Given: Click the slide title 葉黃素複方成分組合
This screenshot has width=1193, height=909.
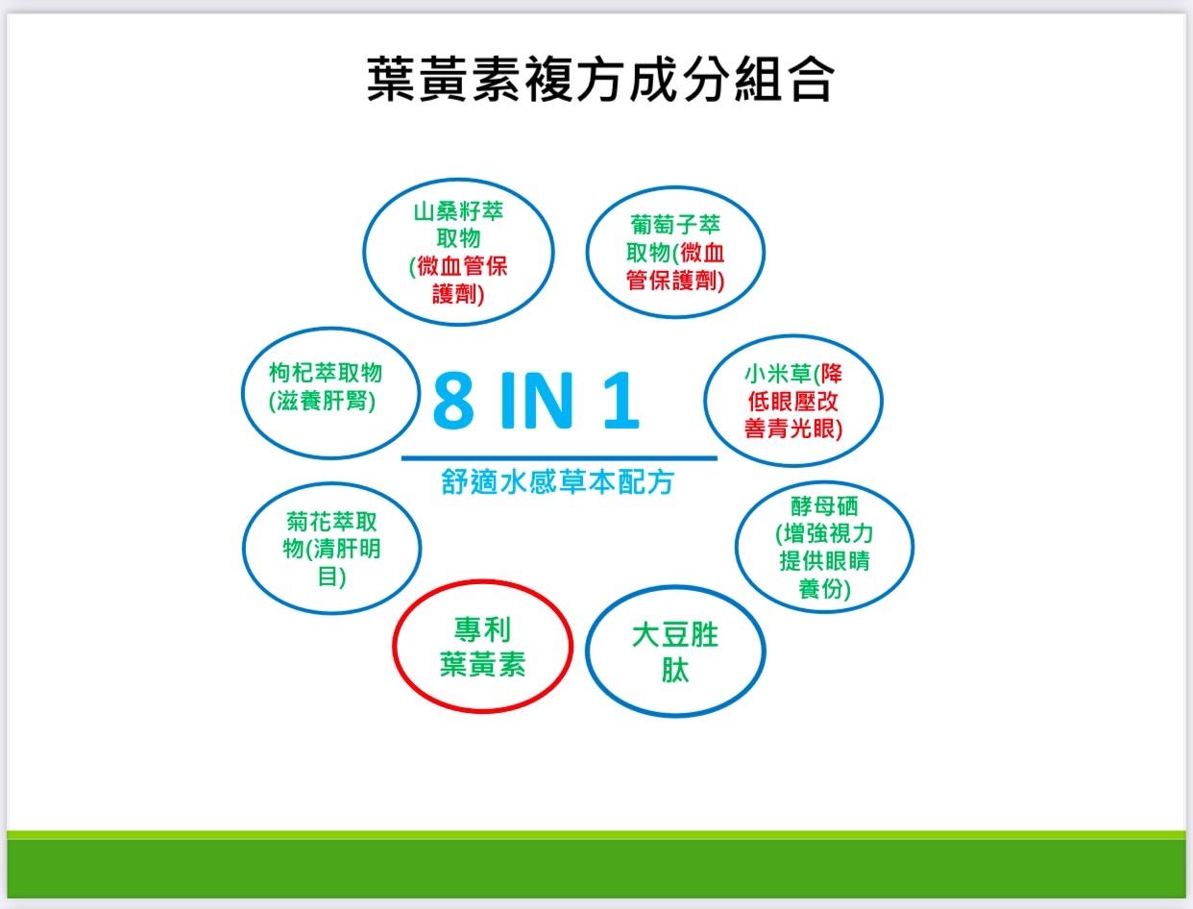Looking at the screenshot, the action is (600, 80).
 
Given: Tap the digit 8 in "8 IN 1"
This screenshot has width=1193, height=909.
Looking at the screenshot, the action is (453, 400).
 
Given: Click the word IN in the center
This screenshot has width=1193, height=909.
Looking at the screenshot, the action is (536, 400).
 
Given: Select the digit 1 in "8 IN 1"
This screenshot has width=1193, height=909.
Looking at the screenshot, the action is (621, 400).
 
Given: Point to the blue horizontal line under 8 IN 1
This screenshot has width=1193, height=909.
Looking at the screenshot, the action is (559, 458).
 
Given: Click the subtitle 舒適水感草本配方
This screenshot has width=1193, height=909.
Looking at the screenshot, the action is (558, 481).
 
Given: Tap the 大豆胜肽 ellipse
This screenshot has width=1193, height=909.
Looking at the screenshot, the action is (586, 651).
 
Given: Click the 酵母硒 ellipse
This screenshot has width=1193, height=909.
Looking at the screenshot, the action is (736, 547).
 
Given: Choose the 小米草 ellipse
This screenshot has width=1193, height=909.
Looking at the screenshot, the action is (704, 401).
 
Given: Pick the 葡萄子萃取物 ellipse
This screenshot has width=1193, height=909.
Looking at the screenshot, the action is (587, 252).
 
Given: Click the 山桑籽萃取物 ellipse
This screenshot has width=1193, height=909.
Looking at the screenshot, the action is (364, 252).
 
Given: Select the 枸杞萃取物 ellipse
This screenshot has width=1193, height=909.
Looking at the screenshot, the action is (242, 393).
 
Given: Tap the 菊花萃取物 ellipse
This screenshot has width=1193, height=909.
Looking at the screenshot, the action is (243, 548).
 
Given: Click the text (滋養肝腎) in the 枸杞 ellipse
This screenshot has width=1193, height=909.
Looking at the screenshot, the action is (323, 402).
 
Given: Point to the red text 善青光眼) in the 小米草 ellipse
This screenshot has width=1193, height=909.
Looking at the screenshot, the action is (793, 429).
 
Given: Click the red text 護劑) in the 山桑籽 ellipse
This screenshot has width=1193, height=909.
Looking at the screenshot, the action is (458, 294).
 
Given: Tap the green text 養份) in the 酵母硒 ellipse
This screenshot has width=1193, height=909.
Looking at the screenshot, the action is (824, 588).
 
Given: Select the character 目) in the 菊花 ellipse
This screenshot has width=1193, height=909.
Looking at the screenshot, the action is (331, 577).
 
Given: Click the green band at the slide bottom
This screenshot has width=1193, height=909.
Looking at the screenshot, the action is (596, 868).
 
